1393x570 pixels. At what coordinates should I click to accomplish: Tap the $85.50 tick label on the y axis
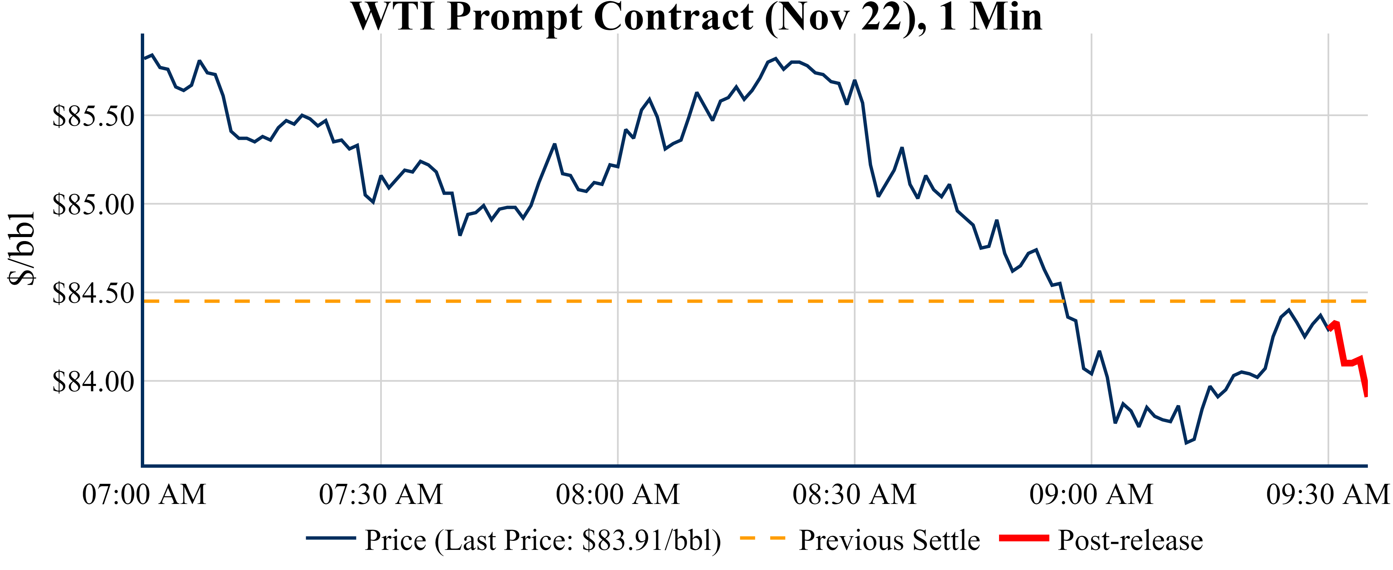(93, 116)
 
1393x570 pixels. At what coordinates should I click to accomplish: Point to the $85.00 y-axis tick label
(93, 205)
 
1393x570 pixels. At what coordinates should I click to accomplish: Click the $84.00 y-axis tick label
(93, 382)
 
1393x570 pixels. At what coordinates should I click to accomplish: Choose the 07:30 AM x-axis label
(381, 494)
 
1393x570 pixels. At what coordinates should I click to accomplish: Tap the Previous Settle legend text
(889, 540)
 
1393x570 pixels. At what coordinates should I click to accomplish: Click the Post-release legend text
(1130, 540)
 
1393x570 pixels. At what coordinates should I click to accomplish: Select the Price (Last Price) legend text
(543, 540)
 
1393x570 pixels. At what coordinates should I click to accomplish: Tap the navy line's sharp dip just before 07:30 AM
(373, 202)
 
